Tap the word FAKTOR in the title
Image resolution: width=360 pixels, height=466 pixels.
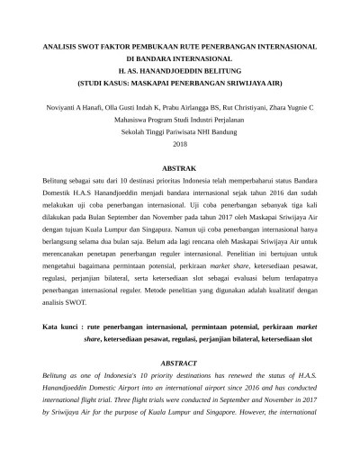(104, 42)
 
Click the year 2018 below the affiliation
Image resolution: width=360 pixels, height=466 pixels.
(179, 143)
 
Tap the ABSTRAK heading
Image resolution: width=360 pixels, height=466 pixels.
(179, 168)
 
